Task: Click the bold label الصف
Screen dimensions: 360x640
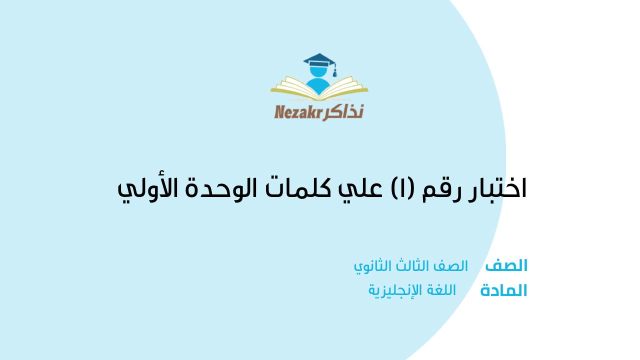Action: (506, 265)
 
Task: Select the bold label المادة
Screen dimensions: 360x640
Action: (503, 290)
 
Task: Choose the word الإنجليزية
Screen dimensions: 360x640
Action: (395, 290)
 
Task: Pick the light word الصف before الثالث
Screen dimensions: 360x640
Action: (451, 266)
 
